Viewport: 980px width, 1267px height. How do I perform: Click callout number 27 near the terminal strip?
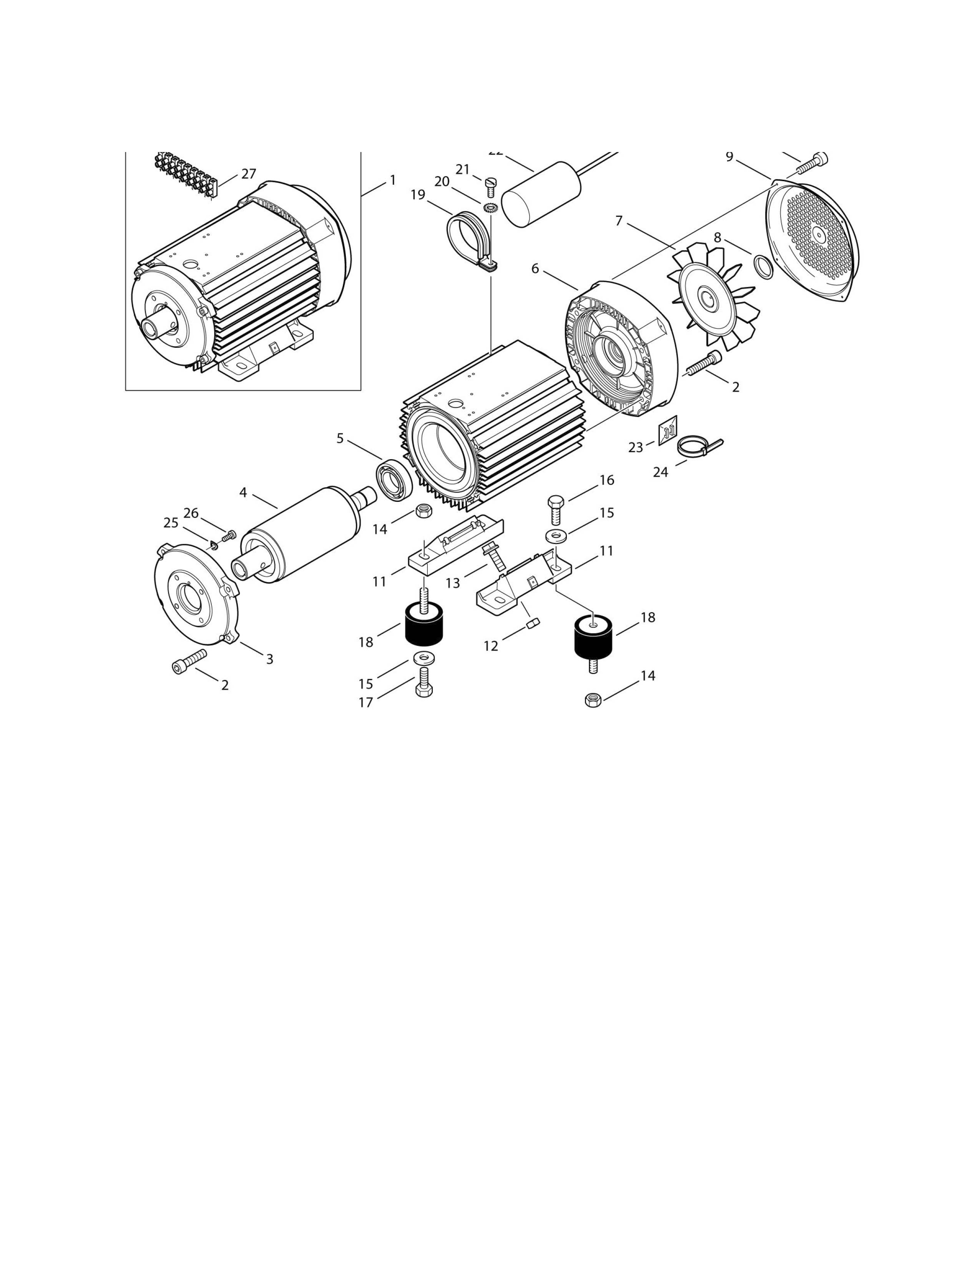[x=249, y=174]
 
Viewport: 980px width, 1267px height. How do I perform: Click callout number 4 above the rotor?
[x=243, y=493]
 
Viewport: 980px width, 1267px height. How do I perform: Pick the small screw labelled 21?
[x=489, y=186]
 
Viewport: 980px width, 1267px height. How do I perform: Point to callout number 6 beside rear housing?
[x=535, y=269]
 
